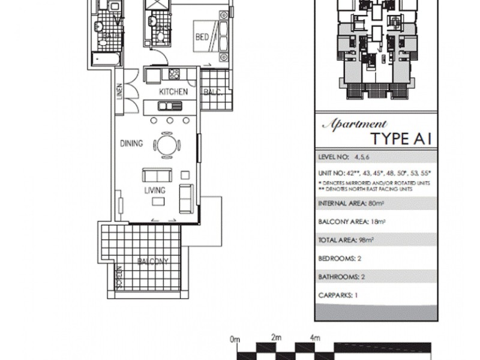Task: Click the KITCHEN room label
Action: point(173,92)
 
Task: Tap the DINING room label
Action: point(131,143)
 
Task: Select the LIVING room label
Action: point(154,190)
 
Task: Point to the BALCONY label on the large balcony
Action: point(152,262)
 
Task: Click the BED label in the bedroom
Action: point(202,37)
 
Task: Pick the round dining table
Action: point(166,145)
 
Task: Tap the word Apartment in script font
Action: point(355,125)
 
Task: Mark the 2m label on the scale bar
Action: point(276,338)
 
